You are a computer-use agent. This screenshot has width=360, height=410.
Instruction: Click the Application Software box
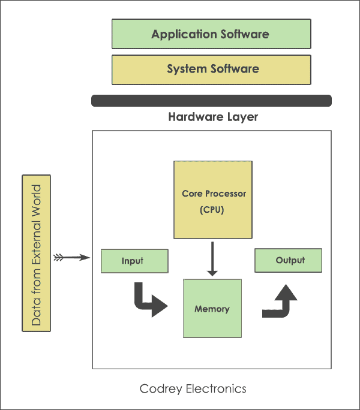coord(211,34)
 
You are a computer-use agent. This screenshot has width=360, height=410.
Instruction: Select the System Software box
coord(211,70)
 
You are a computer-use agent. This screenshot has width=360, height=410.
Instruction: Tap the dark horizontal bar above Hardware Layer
coord(211,101)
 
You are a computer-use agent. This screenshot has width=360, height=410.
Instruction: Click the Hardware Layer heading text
coord(213,117)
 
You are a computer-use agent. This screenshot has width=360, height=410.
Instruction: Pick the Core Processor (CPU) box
coord(213,199)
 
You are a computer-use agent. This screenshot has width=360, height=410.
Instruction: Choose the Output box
coord(289,261)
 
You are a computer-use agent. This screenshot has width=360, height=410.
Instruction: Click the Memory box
coord(212,309)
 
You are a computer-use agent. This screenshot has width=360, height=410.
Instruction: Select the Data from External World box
coord(36,253)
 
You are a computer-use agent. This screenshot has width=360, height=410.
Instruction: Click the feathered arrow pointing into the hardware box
coord(71,258)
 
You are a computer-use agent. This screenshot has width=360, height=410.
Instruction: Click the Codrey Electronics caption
coord(193,389)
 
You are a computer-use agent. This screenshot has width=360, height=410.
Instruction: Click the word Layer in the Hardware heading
coord(242,117)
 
